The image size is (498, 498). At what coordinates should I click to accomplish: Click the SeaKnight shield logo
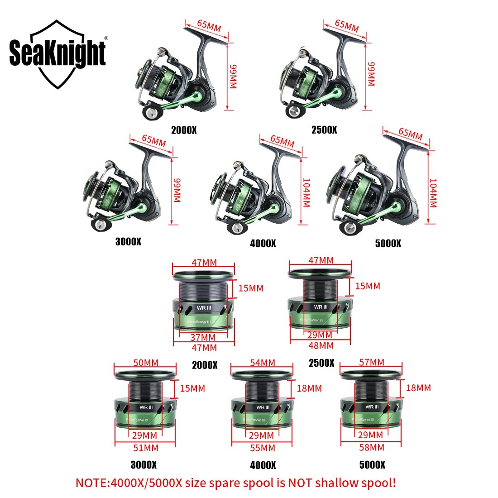pyautogui.click(x=57, y=54)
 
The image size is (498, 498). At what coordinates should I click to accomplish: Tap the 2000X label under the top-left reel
pyautogui.click(x=184, y=130)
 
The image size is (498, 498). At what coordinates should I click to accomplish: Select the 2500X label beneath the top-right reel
pyautogui.click(x=324, y=130)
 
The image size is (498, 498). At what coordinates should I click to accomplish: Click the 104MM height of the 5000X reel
pyautogui.click(x=432, y=192)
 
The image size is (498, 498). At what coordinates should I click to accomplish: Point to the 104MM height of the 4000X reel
pyautogui.click(x=306, y=192)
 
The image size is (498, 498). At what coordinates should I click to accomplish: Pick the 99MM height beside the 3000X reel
pyautogui.click(x=177, y=190)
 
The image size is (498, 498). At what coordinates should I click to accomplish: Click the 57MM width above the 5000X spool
pyautogui.click(x=371, y=362)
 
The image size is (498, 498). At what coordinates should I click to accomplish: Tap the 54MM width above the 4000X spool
pyautogui.click(x=263, y=363)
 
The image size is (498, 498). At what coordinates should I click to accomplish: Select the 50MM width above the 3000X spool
pyautogui.click(x=146, y=363)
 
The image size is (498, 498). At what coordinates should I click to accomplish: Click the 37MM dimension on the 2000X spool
pyautogui.click(x=202, y=337)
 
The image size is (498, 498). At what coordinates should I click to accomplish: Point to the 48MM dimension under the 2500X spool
pyautogui.click(x=320, y=345)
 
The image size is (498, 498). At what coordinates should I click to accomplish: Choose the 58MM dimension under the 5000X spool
pyautogui.click(x=371, y=447)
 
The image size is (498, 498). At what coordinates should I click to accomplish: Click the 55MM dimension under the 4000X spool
pyautogui.click(x=263, y=448)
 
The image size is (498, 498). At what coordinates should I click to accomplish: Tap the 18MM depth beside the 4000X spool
pyautogui.click(x=309, y=388)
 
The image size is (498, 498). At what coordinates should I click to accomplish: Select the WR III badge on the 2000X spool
pyautogui.click(x=204, y=308)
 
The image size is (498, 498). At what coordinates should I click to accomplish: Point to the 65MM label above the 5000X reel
pyautogui.click(x=410, y=134)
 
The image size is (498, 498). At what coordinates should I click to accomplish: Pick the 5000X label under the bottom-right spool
pyautogui.click(x=372, y=464)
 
